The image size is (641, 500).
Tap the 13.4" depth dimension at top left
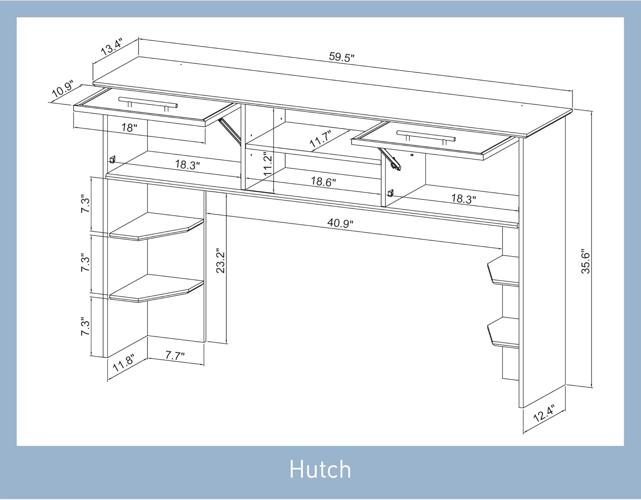pyautogui.click(x=112, y=47)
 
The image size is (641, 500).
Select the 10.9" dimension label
pyautogui.click(x=63, y=89)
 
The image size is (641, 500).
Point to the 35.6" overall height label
pyautogui.click(x=585, y=263)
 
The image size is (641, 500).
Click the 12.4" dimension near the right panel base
pyautogui.click(x=544, y=413)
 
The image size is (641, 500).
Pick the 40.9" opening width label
pyautogui.click(x=340, y=223)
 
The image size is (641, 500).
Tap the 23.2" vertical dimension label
pyautogui.click(x=221, y=262)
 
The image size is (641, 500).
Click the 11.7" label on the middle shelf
pyautogui.click(x=320, y=139)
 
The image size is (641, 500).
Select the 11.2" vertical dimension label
pyautogui.click(x=268, y=164)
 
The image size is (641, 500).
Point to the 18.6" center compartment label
pyautogui.click(x=323, y=181)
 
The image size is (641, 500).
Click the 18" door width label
pyautogui.click(x=129, y=128)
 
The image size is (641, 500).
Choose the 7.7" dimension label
pyautogui.click(x=175, y=356)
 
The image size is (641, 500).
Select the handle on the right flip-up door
pyautogui.click(x=426, y=136)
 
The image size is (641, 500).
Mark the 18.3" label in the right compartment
pyautogui.click(x=464, y=199)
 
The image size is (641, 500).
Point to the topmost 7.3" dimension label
pyautogui.click(x=85, y=203)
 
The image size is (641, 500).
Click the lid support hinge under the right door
pyautogui.click(x=390, y=158)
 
